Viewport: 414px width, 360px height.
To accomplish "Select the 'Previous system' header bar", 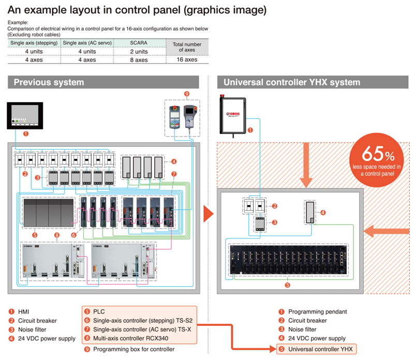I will [x=103, y=82].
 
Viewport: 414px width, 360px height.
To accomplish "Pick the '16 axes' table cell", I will [x=187, y=60].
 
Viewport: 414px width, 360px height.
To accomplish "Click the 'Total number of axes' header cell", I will [x=187, y=47].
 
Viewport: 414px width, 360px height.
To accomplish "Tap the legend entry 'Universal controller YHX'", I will [x=320, y=349].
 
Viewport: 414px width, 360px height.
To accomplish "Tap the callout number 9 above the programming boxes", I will [x=187, y=94].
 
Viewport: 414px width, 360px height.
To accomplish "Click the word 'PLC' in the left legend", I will [x=99, y=311].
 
